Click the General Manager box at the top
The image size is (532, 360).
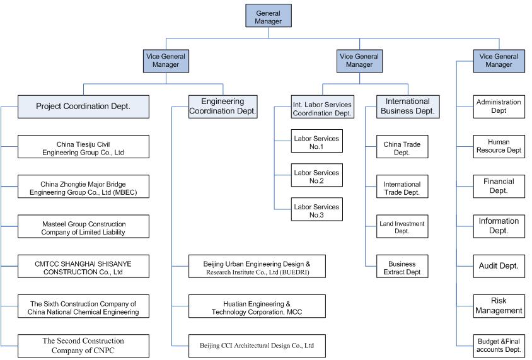269,16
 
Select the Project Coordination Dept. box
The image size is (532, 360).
83,107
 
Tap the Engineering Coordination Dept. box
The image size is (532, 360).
223,107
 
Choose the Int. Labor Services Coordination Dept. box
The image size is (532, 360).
322,107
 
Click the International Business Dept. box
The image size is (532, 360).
408,107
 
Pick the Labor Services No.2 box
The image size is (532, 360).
316,175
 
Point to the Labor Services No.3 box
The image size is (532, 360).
316,209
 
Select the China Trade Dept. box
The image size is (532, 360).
402,146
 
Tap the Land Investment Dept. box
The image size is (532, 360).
402,226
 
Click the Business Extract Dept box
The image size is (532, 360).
402,266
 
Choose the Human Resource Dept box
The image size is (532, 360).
499,146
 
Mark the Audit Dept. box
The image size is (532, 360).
499,266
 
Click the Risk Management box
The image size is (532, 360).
499,306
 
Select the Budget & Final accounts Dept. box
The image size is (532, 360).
499,345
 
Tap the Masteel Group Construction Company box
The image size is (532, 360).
83,226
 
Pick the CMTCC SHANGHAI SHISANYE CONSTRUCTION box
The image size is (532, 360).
83,266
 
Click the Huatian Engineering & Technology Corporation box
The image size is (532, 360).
257,306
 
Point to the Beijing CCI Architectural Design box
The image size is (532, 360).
257,345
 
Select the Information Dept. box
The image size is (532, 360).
499,226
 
